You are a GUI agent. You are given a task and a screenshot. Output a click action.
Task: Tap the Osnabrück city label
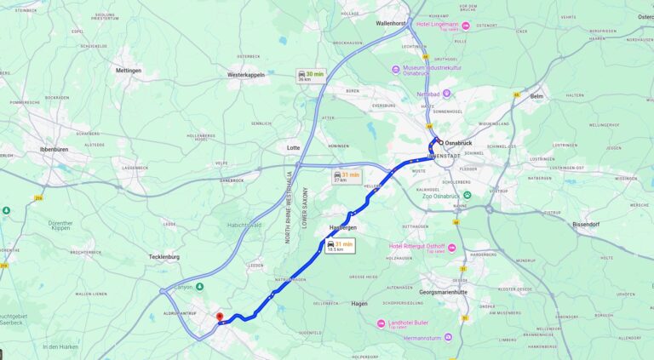458,142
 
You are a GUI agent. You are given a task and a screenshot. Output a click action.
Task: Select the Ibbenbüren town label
53,149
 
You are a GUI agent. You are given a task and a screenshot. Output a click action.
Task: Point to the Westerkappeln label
247,75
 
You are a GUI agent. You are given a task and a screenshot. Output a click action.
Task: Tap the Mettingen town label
129,71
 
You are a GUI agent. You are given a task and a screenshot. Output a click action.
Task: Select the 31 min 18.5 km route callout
340,246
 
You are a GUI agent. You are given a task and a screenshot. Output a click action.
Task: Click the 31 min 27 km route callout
346,176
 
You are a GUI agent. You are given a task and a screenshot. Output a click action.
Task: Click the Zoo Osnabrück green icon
467,196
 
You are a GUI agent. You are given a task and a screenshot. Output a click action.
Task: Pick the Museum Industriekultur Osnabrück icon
396,69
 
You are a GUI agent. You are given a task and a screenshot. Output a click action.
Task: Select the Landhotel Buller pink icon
381,323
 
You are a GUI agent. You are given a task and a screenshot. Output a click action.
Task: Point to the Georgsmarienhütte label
444,292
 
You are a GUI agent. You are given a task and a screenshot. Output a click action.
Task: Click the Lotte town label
293,147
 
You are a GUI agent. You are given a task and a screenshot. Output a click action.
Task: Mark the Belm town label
536,97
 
